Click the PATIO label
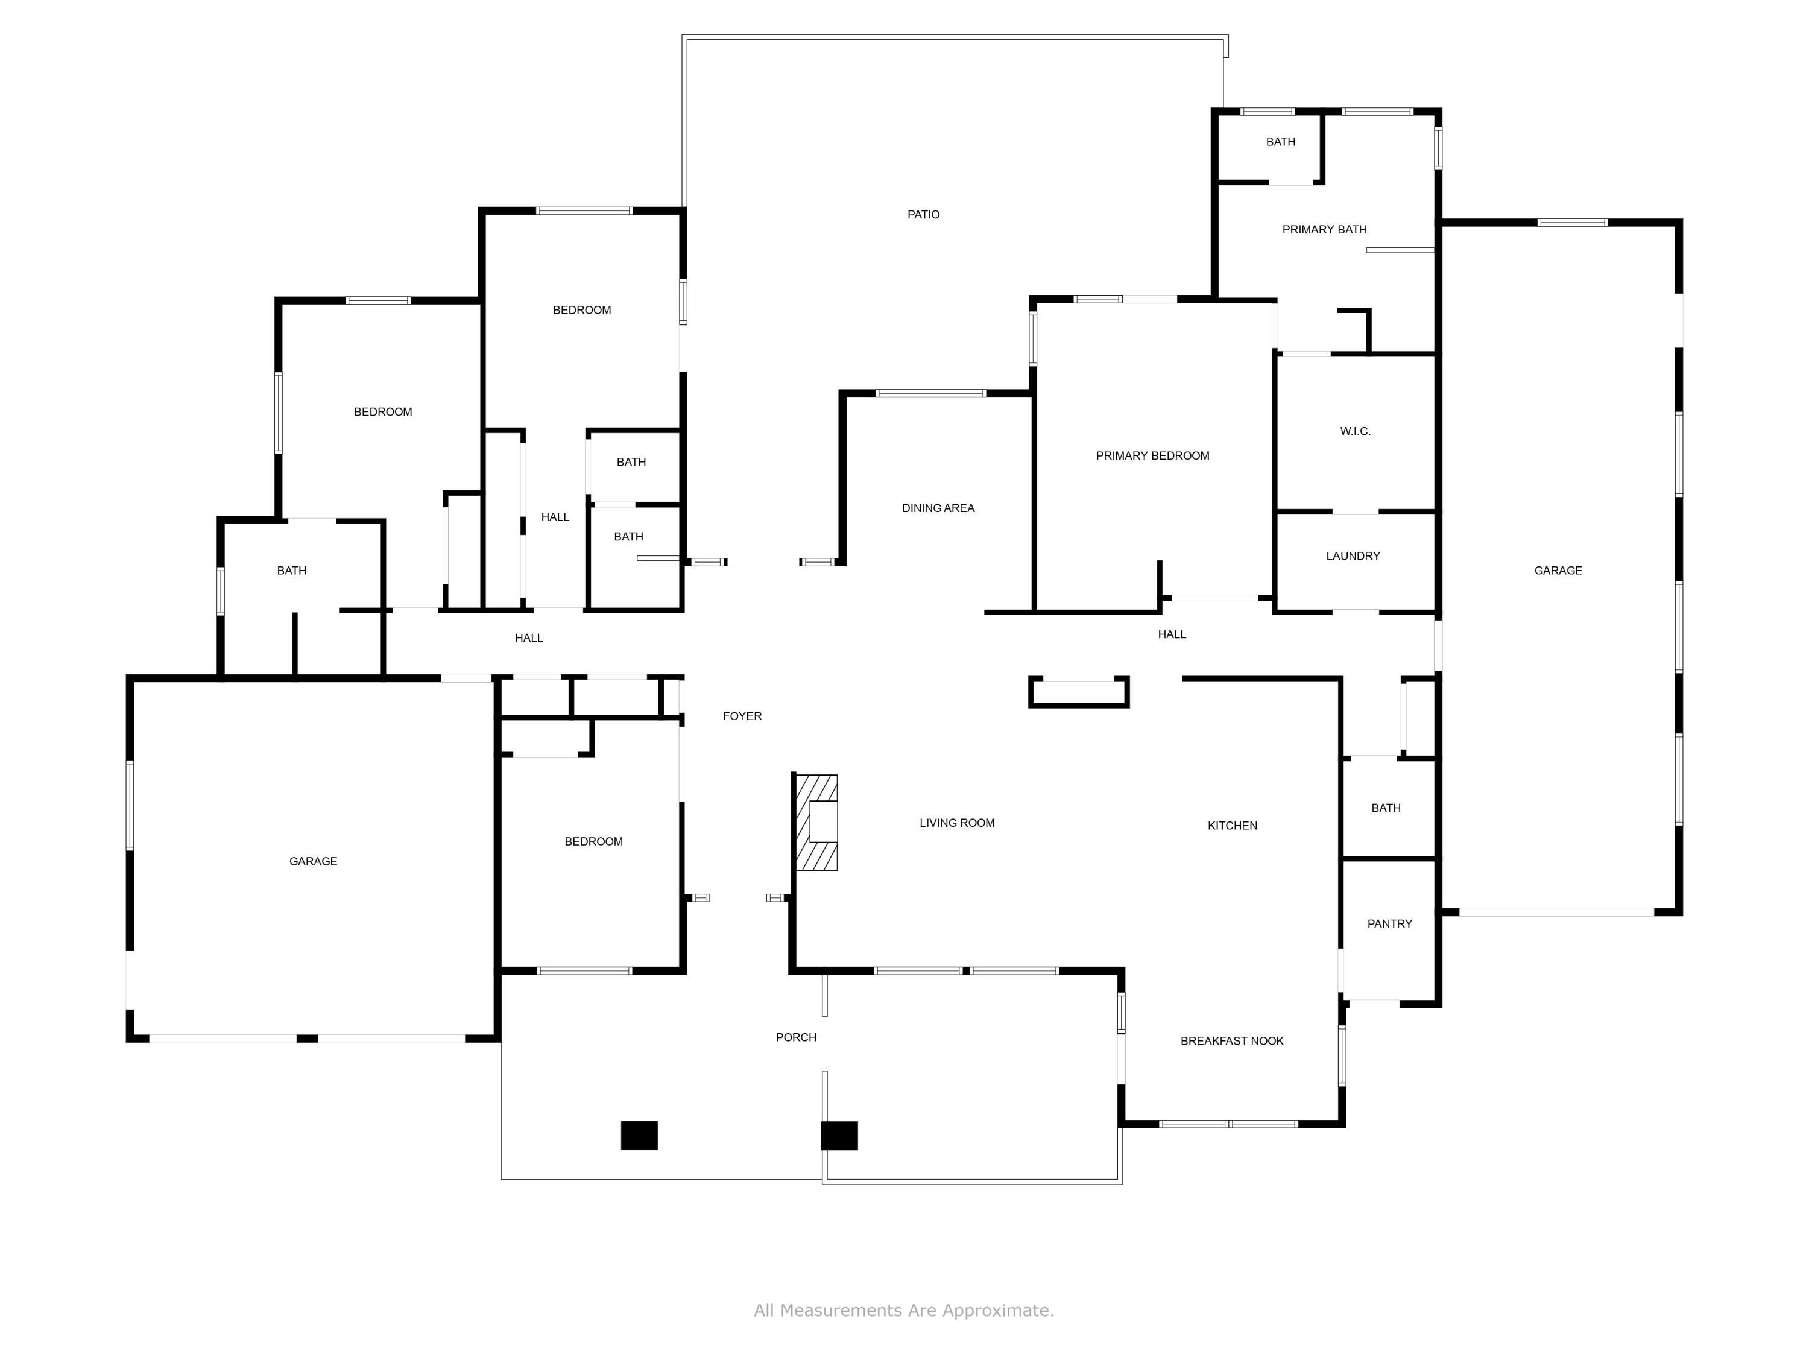pyautogui.click(x=923, y=214)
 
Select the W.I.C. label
pyautogui.click(x=1355, y=431)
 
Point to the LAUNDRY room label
pyautogui.click(x=1353, y=555)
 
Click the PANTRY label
pyautogui.click(x=1389, y=923)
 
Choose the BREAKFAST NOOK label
pyautogui.click(x=1231, y=1040)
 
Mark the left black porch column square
pyautogui.click(x=639, y=1135)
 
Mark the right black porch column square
pyautogui.click(x=839, y=1135)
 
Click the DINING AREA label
pyautogui.click(x=938, y=508)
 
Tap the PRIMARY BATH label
pyautogui.click(x=1324, y=229)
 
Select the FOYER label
pyautogui.click(x=742, y=716)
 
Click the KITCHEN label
pyautogui.click(x=1231, y=825)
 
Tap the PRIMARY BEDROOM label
pyautogui.click(x=1152, y=455)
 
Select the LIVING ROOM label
pyautogui.click(x=957, y=823)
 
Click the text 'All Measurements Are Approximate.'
pyautogui.click(x=904, y=1311)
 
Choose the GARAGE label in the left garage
pyautogui.click(x=313, y=861)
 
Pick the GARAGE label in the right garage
pyautogui.click(x=1558, y=570)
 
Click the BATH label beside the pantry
pyautogui.click(x=1385, y=808)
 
